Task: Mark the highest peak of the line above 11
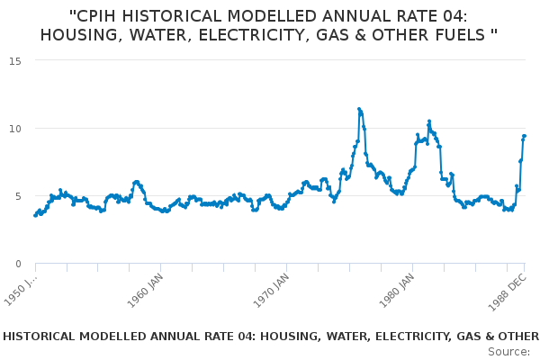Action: point(359,109)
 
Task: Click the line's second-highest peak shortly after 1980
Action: point(429,121)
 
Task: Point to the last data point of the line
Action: point(524,136)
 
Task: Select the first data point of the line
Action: point(35,215)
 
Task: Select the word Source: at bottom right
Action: point(508,351)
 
